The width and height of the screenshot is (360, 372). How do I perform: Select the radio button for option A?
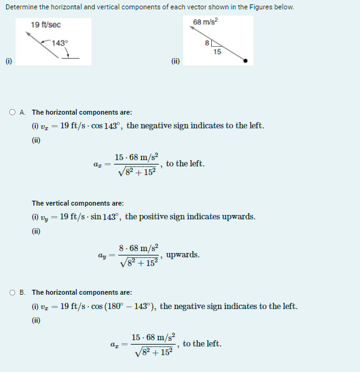point(12,113)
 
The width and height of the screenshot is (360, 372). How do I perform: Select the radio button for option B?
point(12,292)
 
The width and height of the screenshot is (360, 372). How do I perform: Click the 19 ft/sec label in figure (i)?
point(45,24)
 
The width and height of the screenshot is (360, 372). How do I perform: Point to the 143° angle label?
point(59,43)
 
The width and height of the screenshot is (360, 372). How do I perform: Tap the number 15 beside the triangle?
point(216,52)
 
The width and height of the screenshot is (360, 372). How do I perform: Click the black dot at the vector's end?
point(245,61)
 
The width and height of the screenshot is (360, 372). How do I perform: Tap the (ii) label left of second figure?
point(175,61)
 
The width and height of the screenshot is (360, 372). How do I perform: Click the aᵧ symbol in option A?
point(102,255)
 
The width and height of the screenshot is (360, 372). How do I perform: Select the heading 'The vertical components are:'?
point(77,203)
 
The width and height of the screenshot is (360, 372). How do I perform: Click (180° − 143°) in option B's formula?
point(130,307)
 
